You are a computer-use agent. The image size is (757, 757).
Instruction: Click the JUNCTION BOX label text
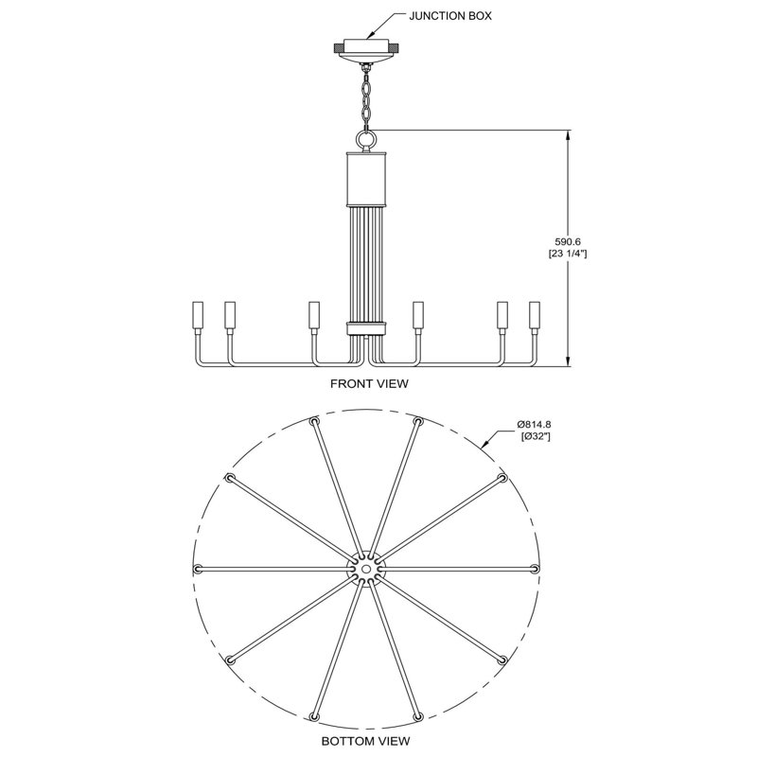tap(450, 15)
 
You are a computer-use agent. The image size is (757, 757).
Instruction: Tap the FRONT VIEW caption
tap(369, 383)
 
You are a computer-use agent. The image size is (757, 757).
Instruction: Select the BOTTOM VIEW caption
tap(365, 741)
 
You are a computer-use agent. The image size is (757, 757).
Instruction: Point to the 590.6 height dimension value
tap(567, 241)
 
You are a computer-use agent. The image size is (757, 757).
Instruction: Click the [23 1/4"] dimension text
tap(568, 254)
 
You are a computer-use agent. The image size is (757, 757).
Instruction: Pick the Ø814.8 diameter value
tap(534, 424)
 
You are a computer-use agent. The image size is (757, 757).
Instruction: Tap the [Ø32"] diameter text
tap(536, 436)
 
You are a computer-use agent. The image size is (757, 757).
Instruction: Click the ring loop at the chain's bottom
tap(365, 139)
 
